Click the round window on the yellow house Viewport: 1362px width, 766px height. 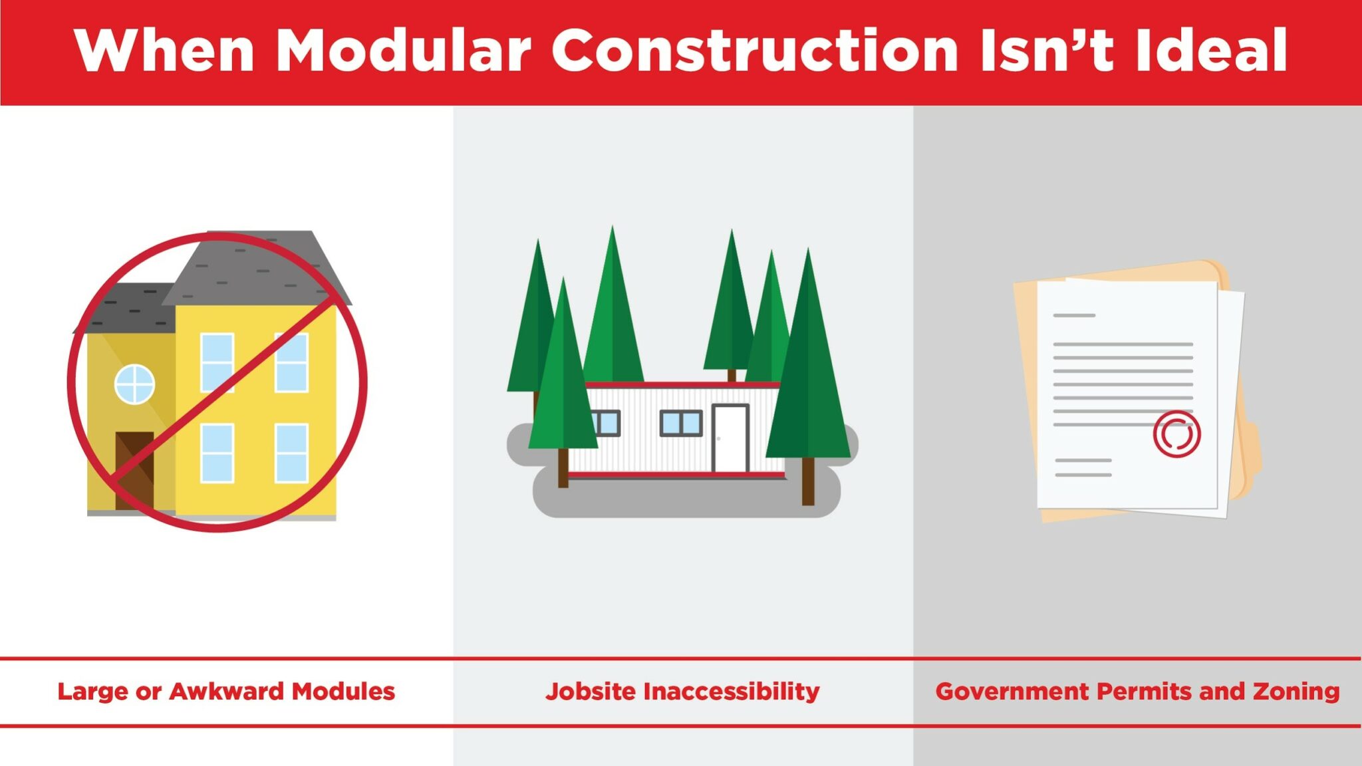134,384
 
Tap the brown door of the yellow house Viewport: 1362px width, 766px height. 134,471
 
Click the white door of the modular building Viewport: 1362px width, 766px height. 730,438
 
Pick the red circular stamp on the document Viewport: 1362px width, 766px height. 1176,434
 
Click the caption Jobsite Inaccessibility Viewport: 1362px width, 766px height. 682,692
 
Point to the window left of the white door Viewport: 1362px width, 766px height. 680,423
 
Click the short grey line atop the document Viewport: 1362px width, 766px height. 1074,315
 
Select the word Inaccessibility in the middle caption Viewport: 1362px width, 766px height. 732,692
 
